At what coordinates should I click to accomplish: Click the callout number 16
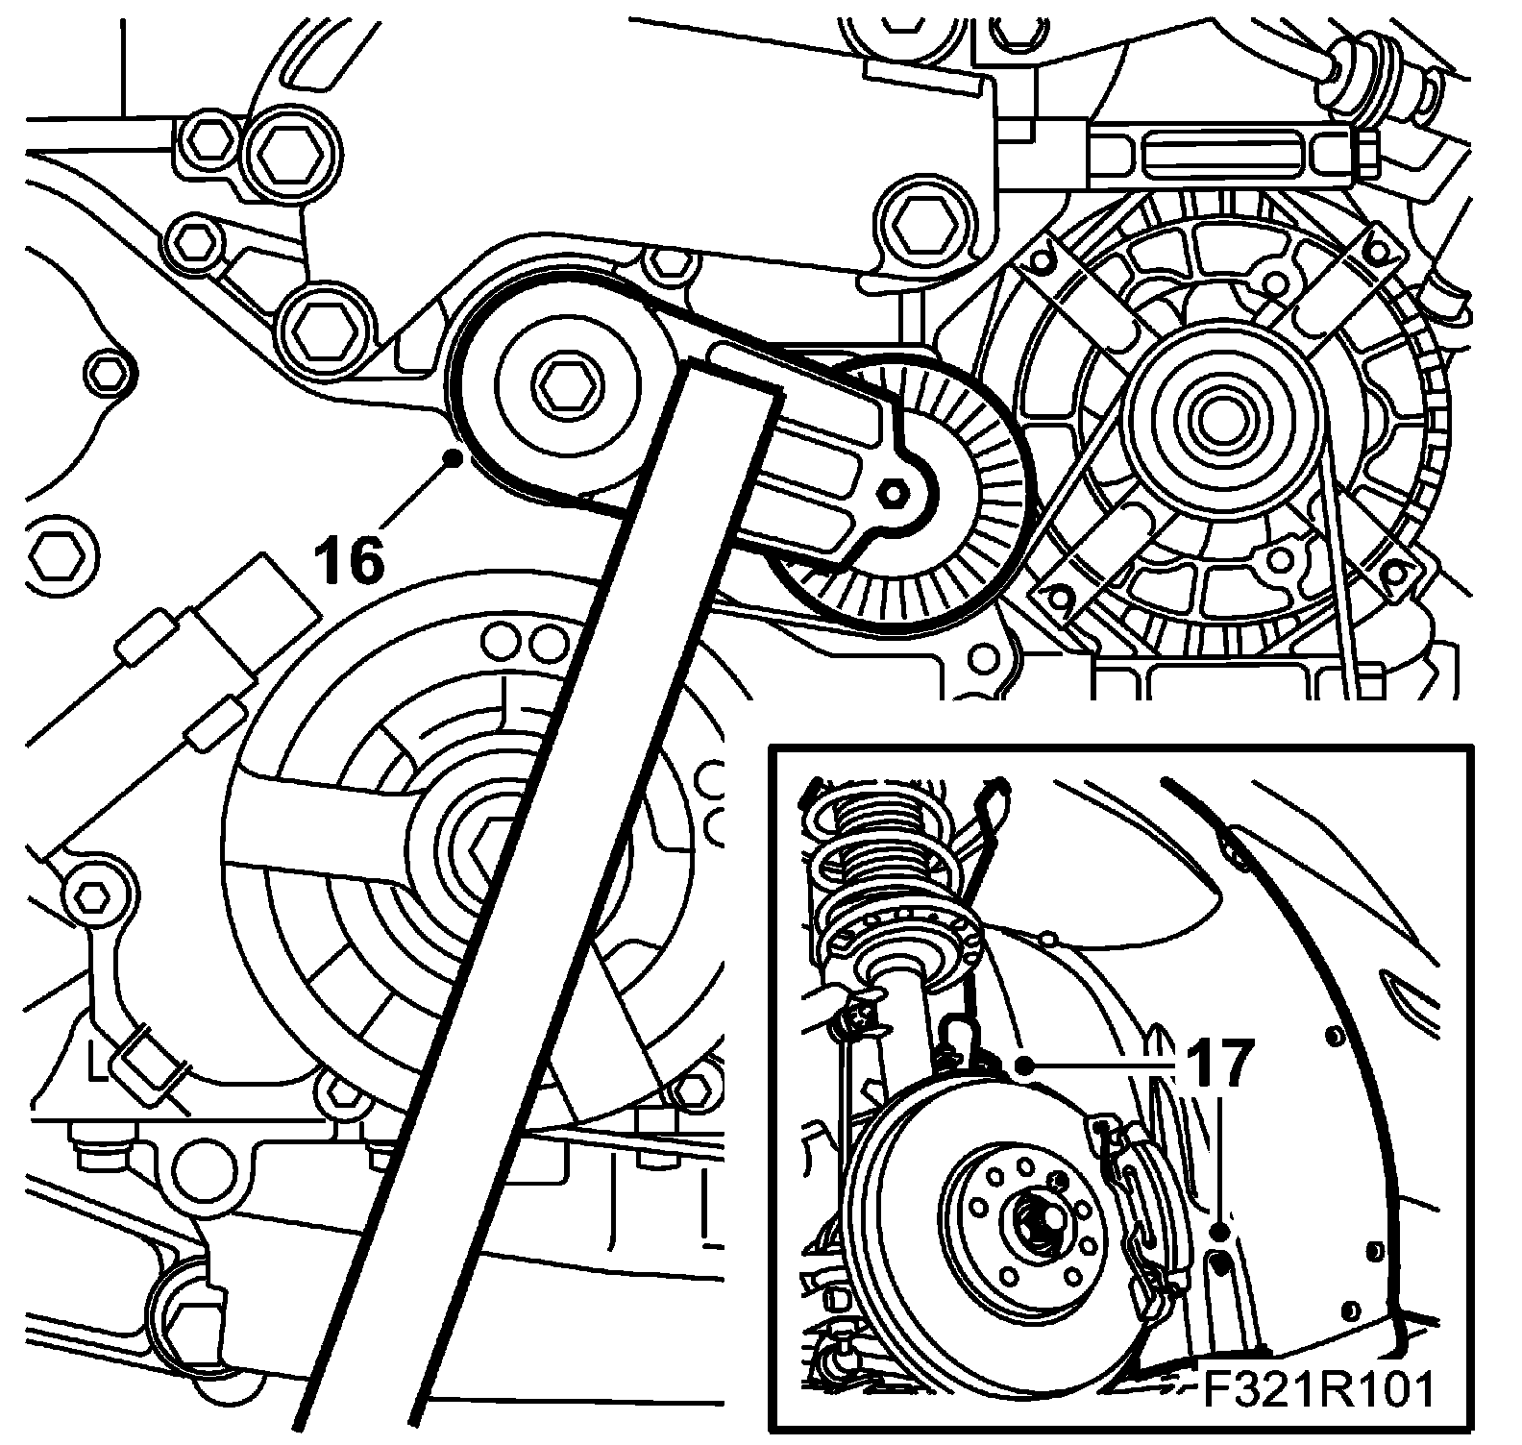pos(351,561)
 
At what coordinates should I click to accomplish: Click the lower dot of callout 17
pos(1220,1231)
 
